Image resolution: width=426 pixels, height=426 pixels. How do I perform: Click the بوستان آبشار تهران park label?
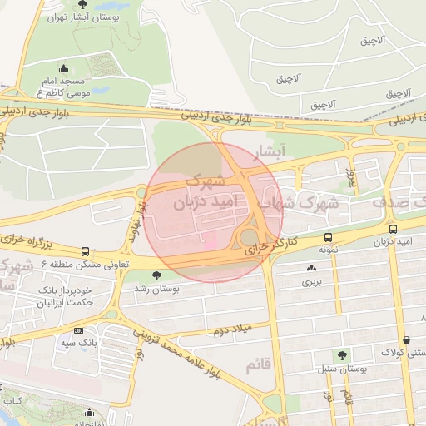click(x=80, y=17)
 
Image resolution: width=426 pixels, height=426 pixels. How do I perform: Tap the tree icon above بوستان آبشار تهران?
click(x=81, y=5)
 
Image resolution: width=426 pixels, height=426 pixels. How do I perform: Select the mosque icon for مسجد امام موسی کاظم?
click(x=64, y=69)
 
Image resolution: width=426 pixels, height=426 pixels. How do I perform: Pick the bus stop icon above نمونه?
click(x=327, y=236)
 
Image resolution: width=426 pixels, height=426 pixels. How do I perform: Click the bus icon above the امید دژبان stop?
click(x=393, y=229)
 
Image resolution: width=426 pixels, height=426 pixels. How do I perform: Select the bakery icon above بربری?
click(x=312, y=269)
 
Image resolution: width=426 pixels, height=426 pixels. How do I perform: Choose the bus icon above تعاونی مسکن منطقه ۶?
click(x=85, y=251)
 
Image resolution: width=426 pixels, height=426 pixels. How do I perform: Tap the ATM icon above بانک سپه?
click(x=78, y=330)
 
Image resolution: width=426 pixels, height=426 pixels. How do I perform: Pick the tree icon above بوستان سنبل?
click(x=342, y=355)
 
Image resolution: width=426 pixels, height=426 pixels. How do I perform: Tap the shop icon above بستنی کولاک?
click(x=406, y=339)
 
